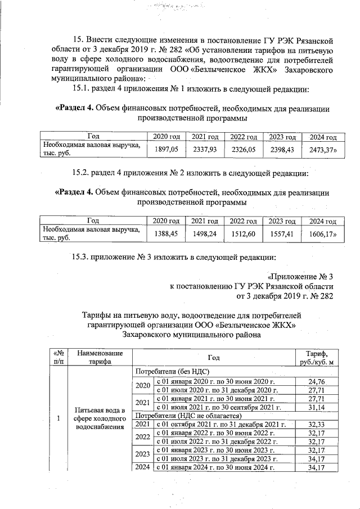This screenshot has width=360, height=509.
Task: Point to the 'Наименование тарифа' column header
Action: tap(100, 357)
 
